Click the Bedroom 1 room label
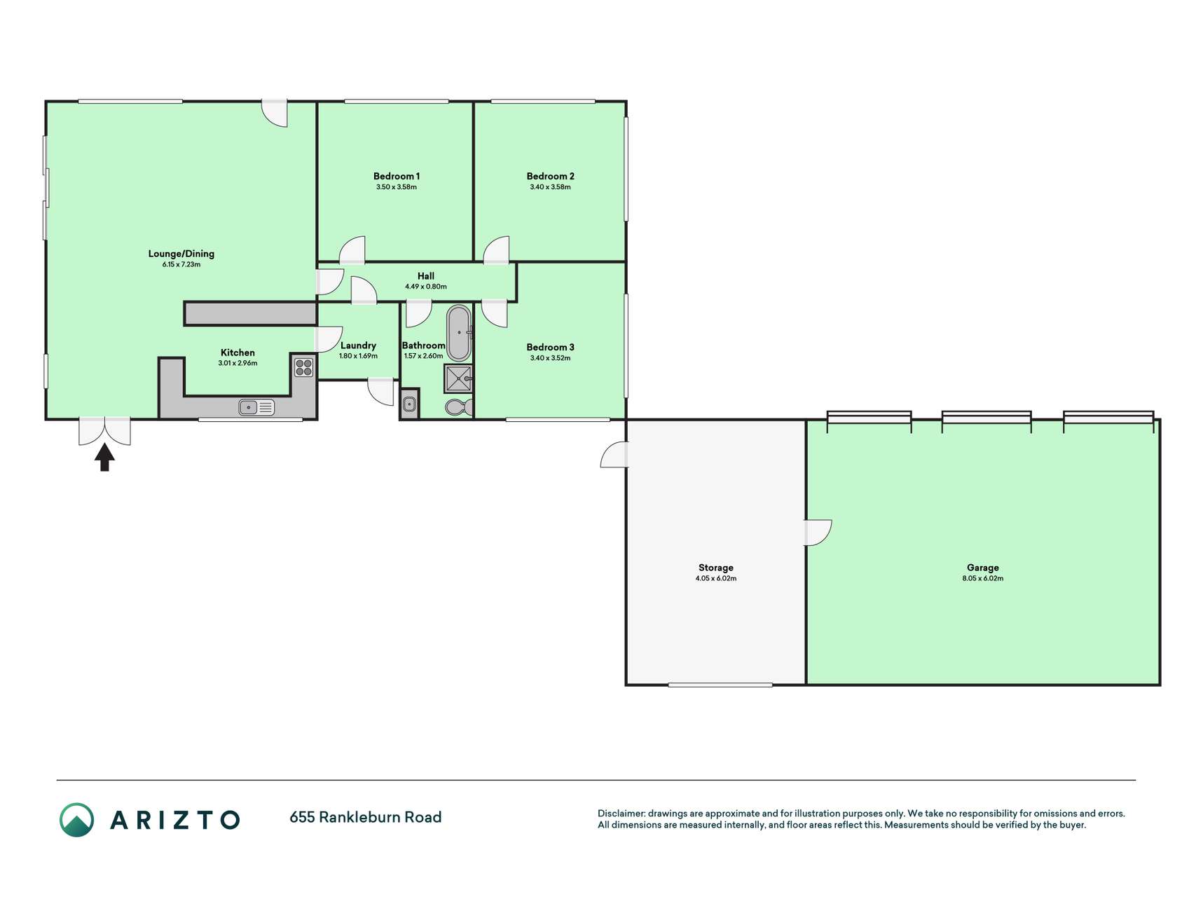(397, 176)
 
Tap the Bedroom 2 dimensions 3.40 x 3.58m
(551, 187)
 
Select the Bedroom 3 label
(551, 347)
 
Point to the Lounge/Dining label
(181, 254)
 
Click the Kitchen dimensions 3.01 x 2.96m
(238, 363)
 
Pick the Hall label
(426, 276)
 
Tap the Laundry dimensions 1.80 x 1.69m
(358, 356)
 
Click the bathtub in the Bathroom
(460, 332)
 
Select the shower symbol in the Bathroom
(459, 378)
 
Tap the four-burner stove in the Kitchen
(303, 367)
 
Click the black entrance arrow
(104, 457)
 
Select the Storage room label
(716, 568)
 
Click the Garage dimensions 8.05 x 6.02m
(983, 578)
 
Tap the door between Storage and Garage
(818, 533)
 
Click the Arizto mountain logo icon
(76, 820)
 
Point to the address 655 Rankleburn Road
(366, 817)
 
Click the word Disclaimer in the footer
(621, 814)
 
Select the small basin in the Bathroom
(410, 404)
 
